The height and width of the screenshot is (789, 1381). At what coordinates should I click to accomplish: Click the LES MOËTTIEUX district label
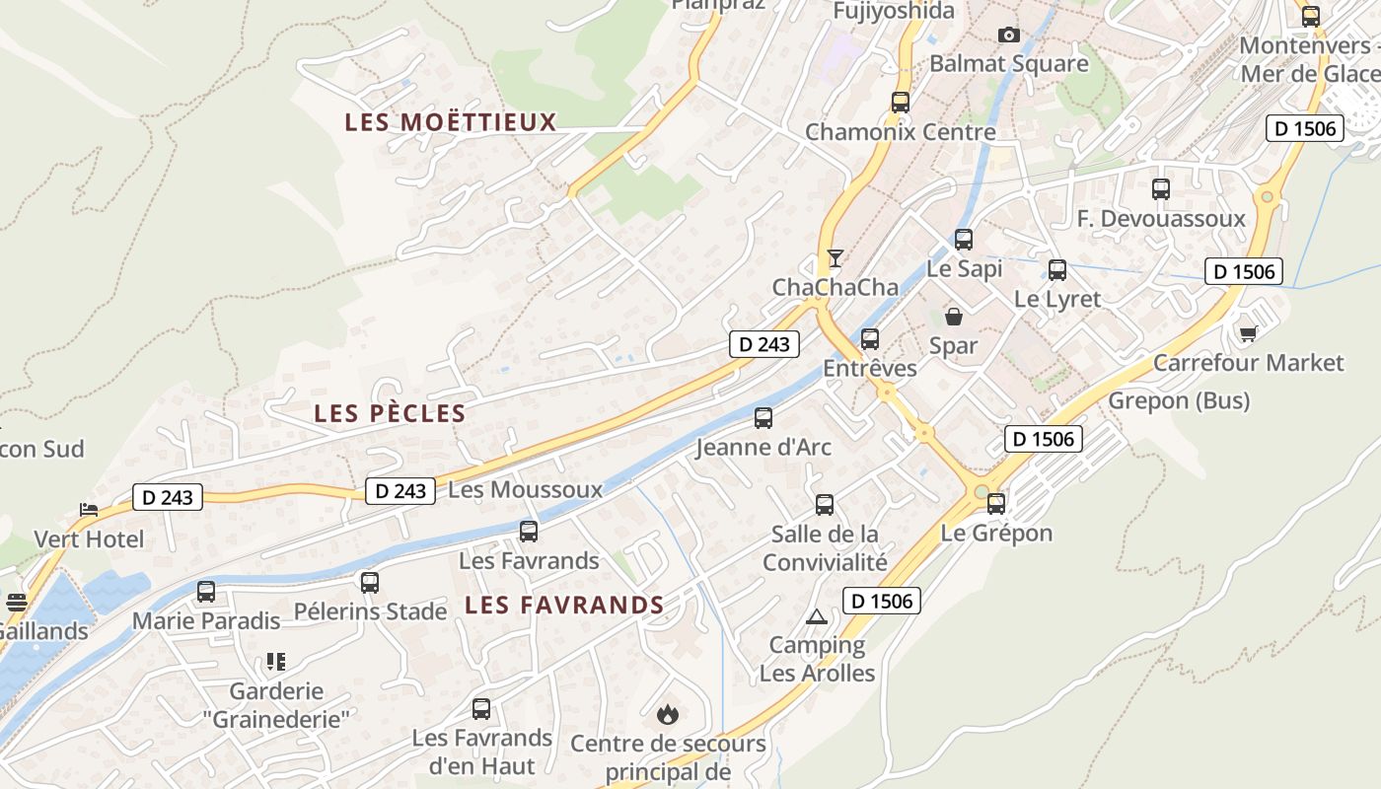pos(451,122)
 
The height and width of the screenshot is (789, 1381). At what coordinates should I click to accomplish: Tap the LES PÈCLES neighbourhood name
pos(390,413)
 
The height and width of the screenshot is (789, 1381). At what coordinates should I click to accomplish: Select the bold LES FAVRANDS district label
pos(564,605)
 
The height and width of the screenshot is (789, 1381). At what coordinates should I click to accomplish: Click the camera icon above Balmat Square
pos(1008,36)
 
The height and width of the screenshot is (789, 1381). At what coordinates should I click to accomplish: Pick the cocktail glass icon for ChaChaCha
pos(836,258)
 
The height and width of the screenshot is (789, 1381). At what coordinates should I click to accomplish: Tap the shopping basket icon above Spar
pos(954,317)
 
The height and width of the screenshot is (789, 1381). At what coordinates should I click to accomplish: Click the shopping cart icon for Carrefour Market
pos(1248,333)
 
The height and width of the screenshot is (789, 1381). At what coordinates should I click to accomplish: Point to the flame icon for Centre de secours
pos(668,713)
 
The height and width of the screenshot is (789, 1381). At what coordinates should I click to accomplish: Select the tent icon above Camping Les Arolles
pos(816,617)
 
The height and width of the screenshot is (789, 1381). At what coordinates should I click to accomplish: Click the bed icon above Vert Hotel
pos(89,510)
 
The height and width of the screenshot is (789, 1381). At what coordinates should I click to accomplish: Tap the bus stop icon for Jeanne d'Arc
pos(763,418)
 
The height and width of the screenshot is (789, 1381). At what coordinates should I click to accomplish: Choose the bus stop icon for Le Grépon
pos(996,504)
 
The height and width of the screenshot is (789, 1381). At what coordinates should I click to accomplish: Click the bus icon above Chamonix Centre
pos(900,102)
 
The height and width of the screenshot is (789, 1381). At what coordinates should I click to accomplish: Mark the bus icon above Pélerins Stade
pos(370,583)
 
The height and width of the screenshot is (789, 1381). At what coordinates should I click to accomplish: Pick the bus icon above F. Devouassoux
pos(1161,189)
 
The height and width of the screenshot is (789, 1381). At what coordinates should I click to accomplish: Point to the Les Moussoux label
pos(525,489)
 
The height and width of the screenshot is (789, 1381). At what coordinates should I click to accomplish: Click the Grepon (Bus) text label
pos(1179,400)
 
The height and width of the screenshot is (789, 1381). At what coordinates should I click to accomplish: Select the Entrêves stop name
pos(870,368)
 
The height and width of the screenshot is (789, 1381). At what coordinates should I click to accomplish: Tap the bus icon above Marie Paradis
pos(206,592)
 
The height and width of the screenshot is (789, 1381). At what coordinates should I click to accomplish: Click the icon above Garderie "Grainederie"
pos(276,662)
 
